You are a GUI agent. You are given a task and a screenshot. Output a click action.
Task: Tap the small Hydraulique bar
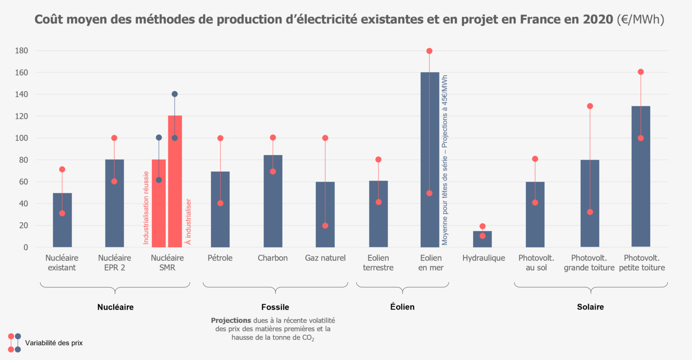482,239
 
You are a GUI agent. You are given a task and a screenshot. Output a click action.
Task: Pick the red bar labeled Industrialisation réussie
159,203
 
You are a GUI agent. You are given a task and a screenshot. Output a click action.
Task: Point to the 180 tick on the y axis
22,51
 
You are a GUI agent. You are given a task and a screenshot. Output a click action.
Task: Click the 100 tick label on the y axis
22,138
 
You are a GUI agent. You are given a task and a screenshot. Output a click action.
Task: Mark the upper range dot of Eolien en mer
429,51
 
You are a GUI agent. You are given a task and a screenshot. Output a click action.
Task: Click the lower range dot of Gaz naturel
325,226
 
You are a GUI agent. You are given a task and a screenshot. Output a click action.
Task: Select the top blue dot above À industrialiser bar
175,94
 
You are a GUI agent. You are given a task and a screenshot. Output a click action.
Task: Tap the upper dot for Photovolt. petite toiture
641,72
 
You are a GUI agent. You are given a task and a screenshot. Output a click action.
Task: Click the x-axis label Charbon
273,258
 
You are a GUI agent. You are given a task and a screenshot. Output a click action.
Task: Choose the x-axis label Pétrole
220,258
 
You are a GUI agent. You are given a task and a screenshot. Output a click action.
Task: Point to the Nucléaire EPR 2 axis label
114,263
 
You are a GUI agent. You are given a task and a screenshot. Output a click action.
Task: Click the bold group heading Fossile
275,307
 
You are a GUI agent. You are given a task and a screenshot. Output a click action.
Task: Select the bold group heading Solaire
590,307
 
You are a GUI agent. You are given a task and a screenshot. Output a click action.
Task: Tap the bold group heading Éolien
402,307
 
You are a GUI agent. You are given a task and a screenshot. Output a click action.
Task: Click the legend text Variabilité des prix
54,343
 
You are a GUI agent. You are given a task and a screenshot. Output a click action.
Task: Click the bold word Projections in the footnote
231,320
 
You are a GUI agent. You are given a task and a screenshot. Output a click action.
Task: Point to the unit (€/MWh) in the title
640,19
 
